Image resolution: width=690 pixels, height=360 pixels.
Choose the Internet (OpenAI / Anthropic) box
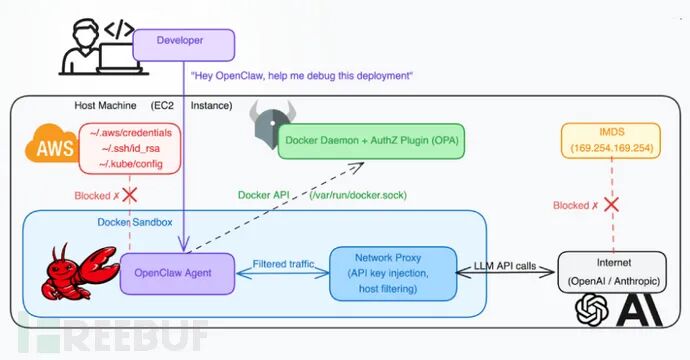tap(615, 272)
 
